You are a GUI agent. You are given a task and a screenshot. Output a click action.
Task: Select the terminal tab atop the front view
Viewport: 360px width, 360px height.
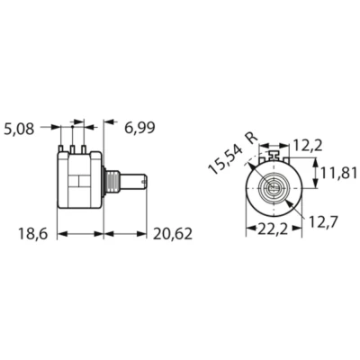point(274,157)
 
